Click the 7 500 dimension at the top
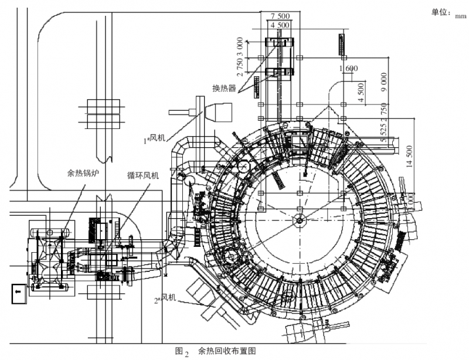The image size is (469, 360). tap(280, 16)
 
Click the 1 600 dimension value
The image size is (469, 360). tap(348, 69)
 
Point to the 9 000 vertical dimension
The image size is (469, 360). tap(383, 81)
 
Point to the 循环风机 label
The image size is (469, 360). tap(142, 175)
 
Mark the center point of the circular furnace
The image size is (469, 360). tap(299, 220)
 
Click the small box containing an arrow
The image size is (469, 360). tap(18, 292)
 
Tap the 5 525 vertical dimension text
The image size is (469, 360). tap(383, 132)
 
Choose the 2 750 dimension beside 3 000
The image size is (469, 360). tap(240, 69)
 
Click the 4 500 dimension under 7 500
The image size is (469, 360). tap(280, 25)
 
